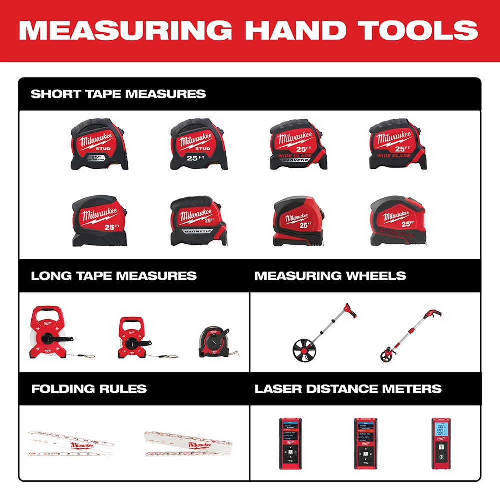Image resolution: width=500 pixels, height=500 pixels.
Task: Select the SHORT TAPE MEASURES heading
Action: tap(118, 94)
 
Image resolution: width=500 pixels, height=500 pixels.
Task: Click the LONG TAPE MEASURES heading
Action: tap(114, 276)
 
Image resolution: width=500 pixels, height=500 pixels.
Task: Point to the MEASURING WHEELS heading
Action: tap(330, 276)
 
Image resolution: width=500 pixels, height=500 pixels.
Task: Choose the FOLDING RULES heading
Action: tap(89, 389)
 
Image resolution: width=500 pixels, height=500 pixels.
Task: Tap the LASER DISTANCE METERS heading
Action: tap(348, 389)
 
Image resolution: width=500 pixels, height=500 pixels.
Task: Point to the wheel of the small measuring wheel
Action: tap(386, 356)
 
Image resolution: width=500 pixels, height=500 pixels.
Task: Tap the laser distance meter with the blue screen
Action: tap(440, 443)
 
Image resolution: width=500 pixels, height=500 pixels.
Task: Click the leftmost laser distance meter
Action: tap(289, 443)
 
